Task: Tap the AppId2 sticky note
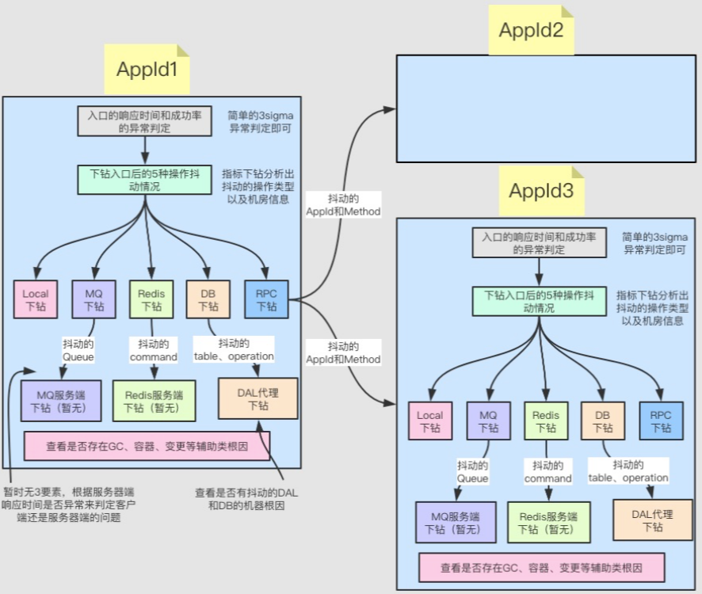coord(530,30)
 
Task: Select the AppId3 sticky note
coord(541,191)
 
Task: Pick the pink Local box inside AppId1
coord(36,300)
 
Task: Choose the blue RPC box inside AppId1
coord(266,300)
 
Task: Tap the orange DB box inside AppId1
coord(208,300)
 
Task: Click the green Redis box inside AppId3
coord(546,421)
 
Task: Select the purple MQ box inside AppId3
coord(488,421)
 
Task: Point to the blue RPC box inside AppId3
coord(661,421)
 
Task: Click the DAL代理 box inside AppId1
coord(258,399)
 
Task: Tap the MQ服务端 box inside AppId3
coord(456,523)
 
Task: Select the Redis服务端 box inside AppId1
coord(154,401)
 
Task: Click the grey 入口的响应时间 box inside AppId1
coord(145,120)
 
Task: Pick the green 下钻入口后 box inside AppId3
coord(540,300)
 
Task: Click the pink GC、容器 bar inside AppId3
coord(541,568)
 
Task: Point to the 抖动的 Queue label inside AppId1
coord(78,350)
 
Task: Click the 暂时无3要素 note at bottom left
coord(69,505)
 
